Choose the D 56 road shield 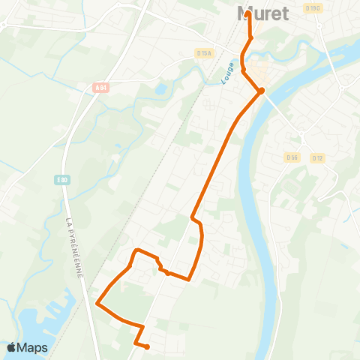click(292, 157)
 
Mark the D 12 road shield click(318, 157)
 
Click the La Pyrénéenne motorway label click(73, 247)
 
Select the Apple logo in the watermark click(12, 347)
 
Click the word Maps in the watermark click(33, 347)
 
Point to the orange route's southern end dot click(147, 346)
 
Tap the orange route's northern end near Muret click(248, 13)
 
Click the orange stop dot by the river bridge click(261, 91)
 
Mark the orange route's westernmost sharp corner click(97, 304)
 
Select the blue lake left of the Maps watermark click(30, 322)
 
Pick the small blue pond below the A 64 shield click(160, 89)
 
